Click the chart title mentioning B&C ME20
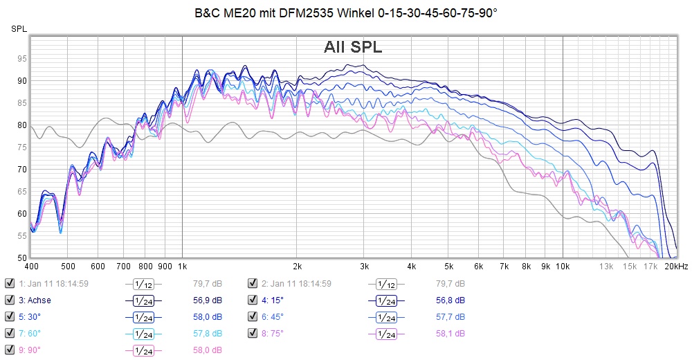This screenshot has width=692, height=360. [345, 13]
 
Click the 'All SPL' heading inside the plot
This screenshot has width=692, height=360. [353, 47]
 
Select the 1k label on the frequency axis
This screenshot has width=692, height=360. [182, 266]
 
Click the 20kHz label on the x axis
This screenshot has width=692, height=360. [676, 266]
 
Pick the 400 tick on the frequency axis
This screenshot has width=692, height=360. [31, 266]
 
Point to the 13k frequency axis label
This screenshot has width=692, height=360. [606, 266]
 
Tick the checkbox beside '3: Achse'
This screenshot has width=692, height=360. [9, 300]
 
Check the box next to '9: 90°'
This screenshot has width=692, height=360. [9, 350]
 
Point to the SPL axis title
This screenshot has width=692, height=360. [19, 28]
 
